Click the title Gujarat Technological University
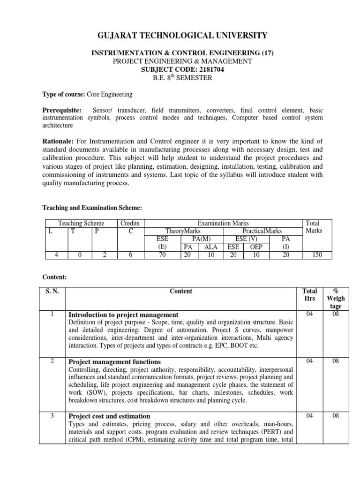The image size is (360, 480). (182, 36)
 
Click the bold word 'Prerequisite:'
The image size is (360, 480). (62, 110)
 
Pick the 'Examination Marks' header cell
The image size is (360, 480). (223, 224)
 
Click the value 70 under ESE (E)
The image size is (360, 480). (162, 255)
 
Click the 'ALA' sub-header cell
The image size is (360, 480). (211, 247)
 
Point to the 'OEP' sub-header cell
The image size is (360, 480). (256, 247)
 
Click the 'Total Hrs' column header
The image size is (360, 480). (310, 295)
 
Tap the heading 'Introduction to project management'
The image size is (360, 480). (123, 315)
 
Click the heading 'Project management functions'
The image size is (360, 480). (115, 362)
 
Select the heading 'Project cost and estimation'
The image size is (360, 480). (110, 416)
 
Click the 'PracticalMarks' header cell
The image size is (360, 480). (262, 231)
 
